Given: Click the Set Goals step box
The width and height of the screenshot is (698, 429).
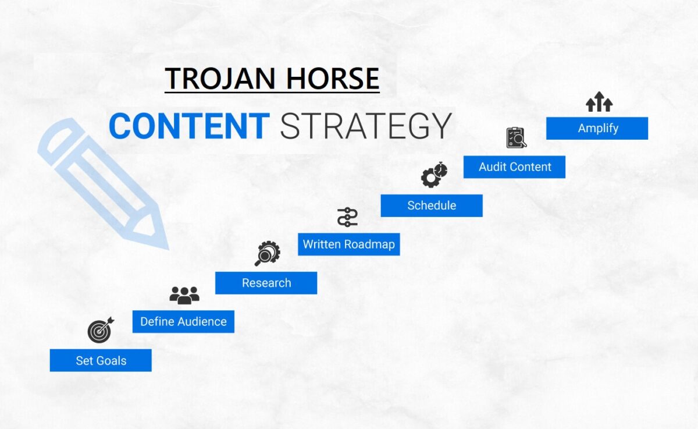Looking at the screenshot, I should (x=101, y=360).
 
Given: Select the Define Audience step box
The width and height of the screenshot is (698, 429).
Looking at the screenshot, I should (x=183, y=321).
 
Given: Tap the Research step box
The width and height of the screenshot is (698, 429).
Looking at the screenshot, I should (x=266, y=283).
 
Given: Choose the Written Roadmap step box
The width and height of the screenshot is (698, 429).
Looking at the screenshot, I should (x=348, y=244).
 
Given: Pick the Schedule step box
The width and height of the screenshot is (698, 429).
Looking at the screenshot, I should (x=432, y=205).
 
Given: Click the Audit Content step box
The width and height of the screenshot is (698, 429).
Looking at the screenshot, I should (x=514, y=167).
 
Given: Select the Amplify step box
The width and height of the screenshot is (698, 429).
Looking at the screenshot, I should (x=597, y=128).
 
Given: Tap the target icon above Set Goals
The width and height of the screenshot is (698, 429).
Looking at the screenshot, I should (x=100, y=330).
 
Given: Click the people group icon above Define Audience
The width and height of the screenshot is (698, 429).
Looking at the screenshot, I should (x=184, y=295).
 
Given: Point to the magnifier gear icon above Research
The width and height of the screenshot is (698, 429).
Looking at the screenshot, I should (x=268, y=254).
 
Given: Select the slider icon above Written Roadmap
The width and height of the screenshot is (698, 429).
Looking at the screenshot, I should (x=347, y=217).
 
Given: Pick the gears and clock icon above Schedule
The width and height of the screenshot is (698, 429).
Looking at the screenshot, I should (x=434, y=175).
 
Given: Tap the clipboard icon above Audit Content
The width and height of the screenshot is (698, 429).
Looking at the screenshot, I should (x=515, y=138).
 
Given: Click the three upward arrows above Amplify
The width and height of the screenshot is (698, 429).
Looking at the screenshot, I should (x=599, y=102).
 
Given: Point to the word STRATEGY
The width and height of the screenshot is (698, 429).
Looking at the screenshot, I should (x=366, y=126).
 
